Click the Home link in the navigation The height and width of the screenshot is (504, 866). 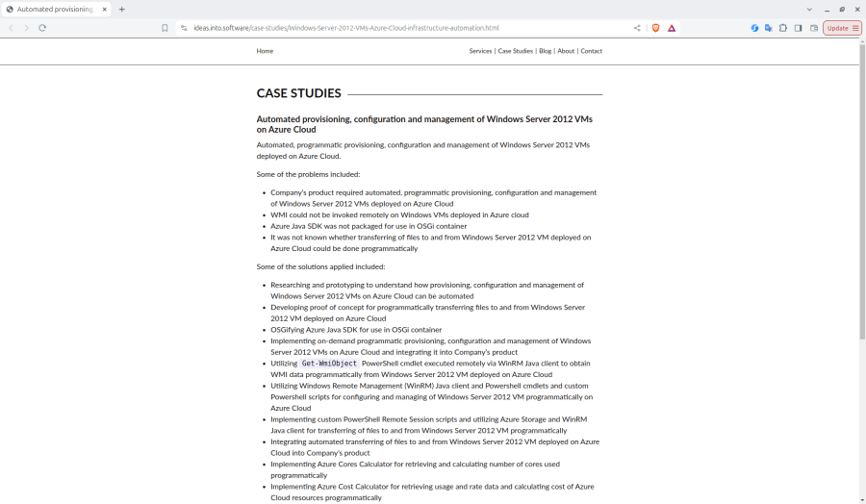click(x=265, y=51)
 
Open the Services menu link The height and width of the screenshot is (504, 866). click(x=480, y=51)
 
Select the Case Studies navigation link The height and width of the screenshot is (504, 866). click(x=515, y=51)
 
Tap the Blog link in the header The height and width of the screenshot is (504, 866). click(x=546, y=51)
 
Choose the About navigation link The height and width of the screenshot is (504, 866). click(x=566, y=51)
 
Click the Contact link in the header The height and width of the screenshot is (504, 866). click(x=591, y=51)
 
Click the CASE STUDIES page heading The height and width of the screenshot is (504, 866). click(x=298, y=93)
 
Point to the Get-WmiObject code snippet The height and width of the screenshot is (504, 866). click(x=329, y=364)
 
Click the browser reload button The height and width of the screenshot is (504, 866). click(x=42, y=28)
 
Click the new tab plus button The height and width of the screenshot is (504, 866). click(x=121, y=10)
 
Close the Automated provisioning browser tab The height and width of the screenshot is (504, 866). click(x=103, y=10)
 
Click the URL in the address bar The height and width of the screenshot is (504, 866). click(x=346, y=28)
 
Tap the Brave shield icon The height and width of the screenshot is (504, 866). click(x=656, y=28)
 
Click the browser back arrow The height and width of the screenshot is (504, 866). click(x=11, y=28)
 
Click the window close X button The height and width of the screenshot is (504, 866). click(x=857, y=10)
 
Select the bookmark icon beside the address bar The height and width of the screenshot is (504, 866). click(x=165, y=28)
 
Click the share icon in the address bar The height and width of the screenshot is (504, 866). click(x=637, y=28)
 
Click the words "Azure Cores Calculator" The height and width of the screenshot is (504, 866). click(x=350, y=464)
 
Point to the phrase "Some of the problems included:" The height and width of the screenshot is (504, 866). click(x=308, y=174)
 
